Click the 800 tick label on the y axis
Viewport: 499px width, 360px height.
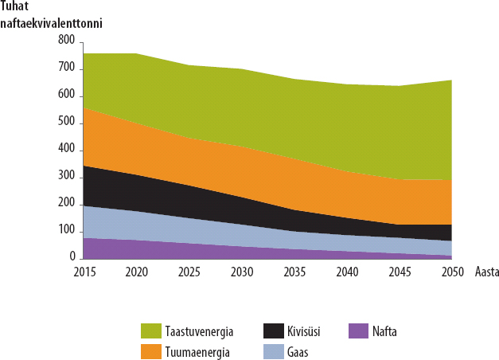(67, 40)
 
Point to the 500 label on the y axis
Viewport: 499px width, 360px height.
(67, 122)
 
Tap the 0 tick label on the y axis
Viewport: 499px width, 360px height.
(72, 258)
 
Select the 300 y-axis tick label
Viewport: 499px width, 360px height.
(67, 177)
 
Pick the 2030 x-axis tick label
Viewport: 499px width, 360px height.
(241, 272)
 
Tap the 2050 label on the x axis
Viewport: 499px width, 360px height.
(451, 272)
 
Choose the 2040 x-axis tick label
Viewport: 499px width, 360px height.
(346, 272)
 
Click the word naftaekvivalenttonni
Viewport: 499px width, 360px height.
(52, 22)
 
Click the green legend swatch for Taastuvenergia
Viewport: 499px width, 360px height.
(150, 331)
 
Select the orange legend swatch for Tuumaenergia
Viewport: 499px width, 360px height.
(150, 350)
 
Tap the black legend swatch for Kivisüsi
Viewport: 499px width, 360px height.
(274, 331)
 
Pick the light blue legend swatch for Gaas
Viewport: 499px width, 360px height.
(274, 350)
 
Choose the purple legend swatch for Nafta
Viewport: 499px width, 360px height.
(360, 331)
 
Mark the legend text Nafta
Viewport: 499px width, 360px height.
(386, 331)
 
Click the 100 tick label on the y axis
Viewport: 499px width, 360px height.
(67, 231)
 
